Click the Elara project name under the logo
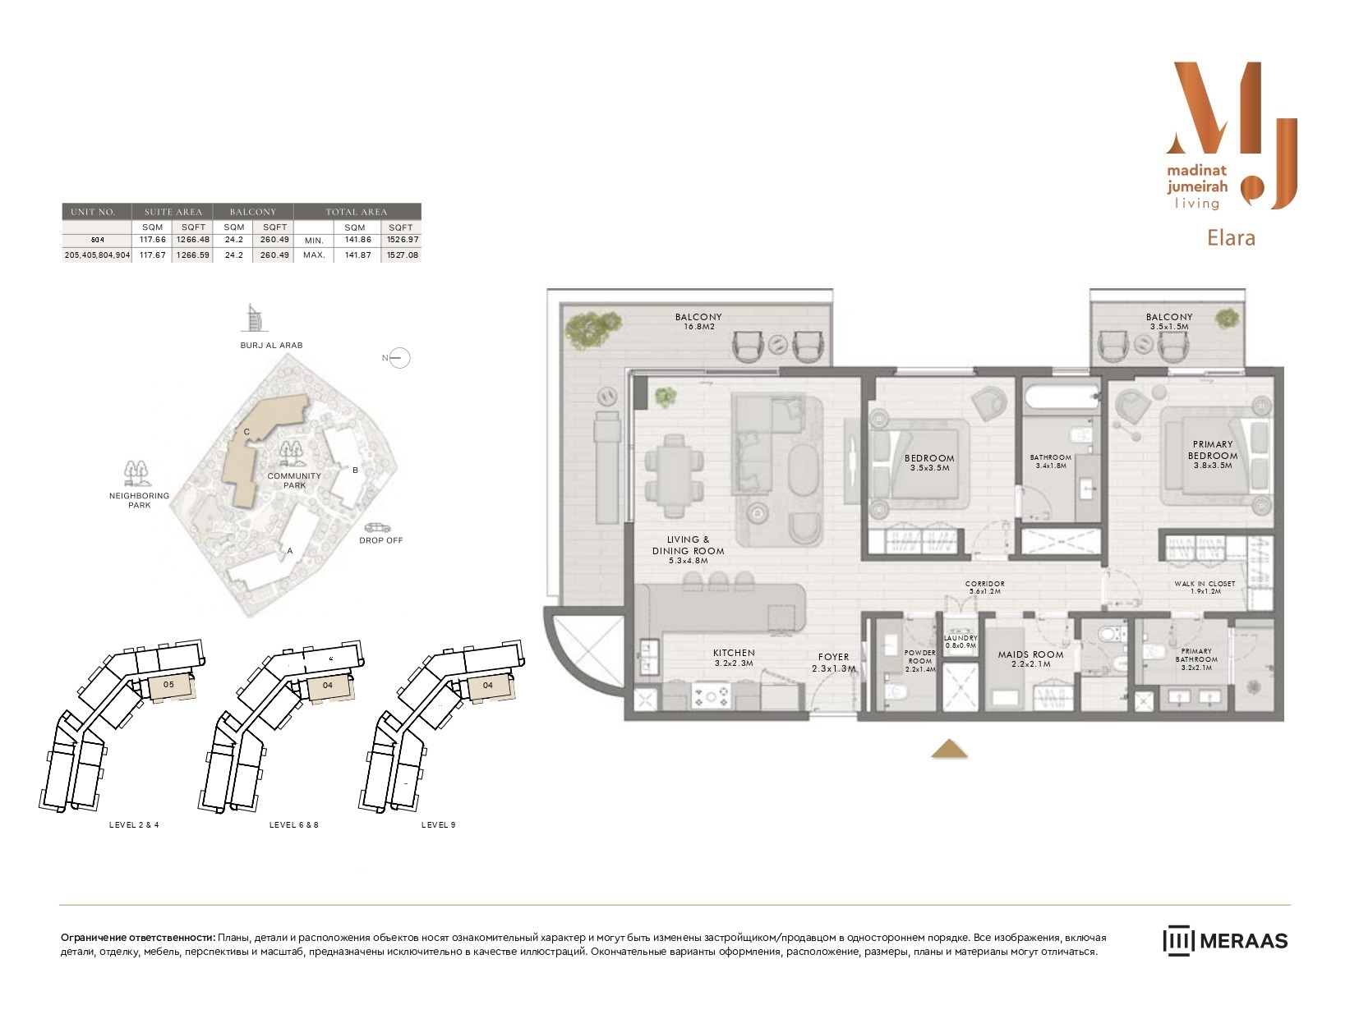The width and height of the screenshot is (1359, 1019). pos(1231,237)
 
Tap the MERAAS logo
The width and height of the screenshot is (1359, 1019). pos(1225,941)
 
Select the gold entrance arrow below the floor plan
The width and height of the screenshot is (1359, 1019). pos(949,749)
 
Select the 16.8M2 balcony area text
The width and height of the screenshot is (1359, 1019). pos(699,327)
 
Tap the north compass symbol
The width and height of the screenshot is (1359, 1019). pos(399,358)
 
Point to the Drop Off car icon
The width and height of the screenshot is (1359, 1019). pos(378,528)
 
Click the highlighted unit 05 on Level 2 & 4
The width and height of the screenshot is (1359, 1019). pos(171,686)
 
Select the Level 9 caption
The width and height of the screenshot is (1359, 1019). pos(438,824)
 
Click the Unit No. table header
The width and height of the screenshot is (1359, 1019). pos(93,212)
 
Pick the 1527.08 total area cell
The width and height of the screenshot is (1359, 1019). pos(403,255)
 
